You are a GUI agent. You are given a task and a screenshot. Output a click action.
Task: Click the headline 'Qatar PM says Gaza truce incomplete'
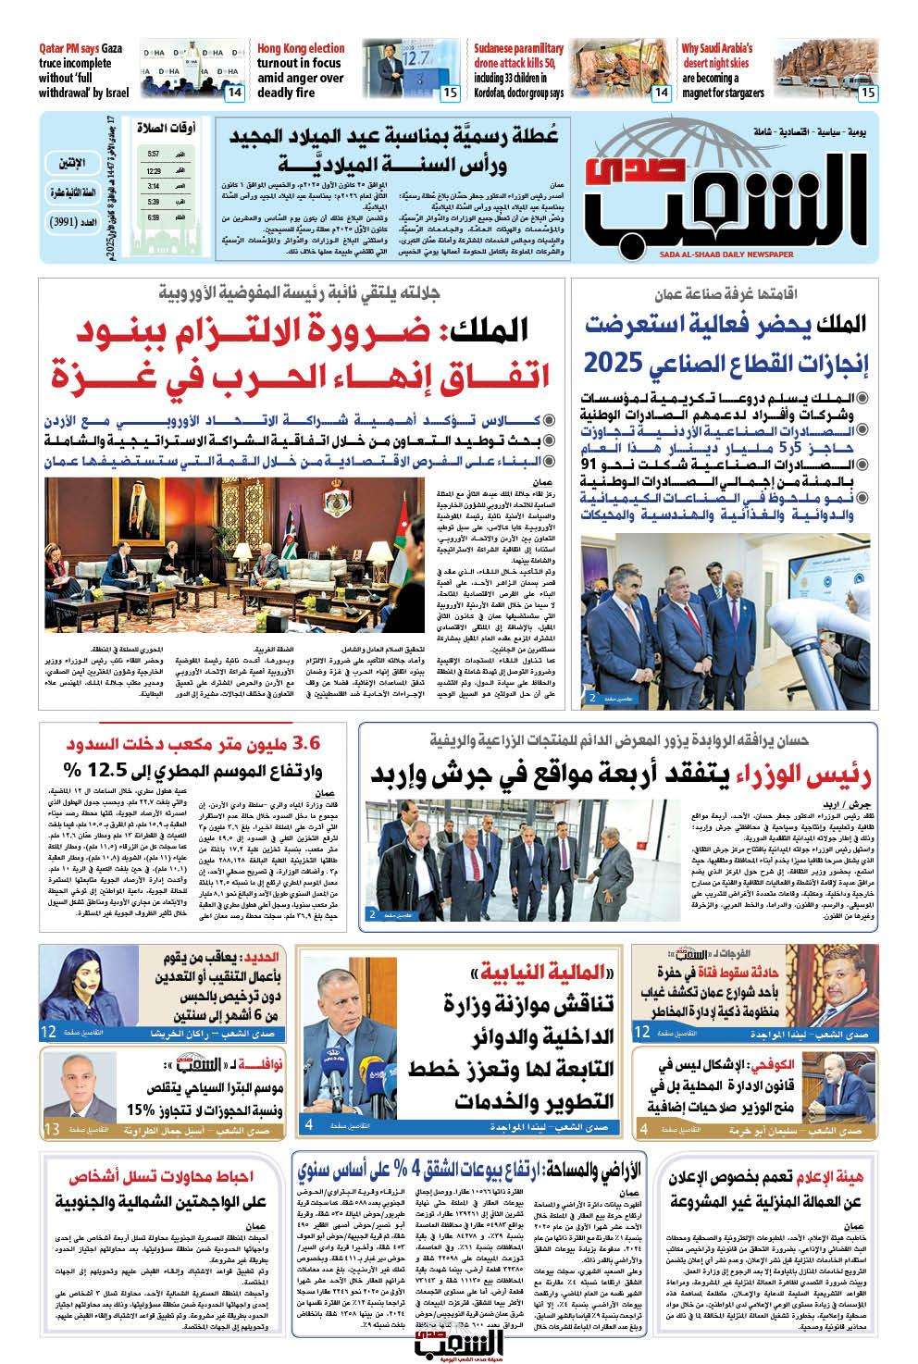(x=83, y=69)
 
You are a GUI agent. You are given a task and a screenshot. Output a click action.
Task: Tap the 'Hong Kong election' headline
(x=301, y=69)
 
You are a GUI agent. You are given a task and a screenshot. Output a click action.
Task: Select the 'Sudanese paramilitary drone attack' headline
(x=518, y=69)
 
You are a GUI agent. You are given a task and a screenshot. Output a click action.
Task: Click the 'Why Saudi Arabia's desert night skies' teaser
(x=723, y=69)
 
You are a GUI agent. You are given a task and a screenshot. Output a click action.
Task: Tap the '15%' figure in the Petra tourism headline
(x=146, y=1111)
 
